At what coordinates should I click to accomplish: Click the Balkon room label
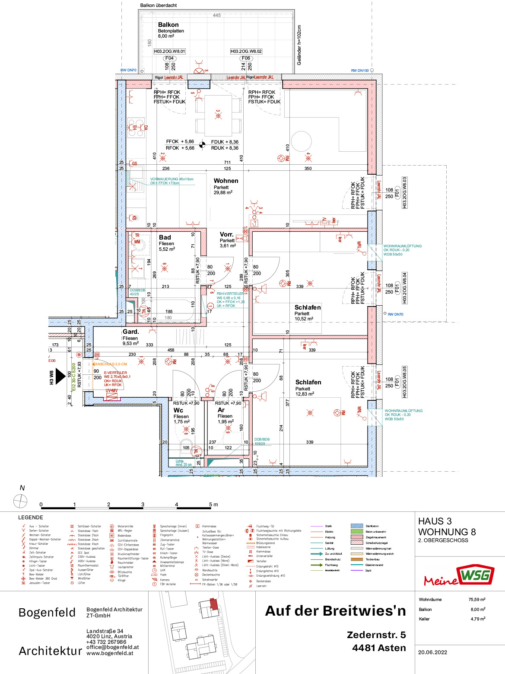tap(168, 25)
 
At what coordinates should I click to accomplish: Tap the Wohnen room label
tap(226, 181)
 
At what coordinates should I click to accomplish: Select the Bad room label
tap(165, 237)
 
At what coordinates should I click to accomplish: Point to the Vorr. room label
tap(226, 234)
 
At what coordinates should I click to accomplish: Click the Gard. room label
tap(130, 332)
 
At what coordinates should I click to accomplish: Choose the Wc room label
tap(178, 410)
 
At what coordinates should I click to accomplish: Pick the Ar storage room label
tap(221, 410)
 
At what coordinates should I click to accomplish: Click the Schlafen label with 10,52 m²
tap(308, 307)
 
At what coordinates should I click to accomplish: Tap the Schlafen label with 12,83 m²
tap(308, 382)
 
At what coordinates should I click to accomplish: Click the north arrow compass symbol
tap(20, 501)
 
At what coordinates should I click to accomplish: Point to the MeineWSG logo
tap(459, 576)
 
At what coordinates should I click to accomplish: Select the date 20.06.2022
tap(432, 652)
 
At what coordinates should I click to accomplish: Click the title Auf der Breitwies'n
tap(335, 611)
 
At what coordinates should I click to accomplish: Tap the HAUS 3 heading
tap(435, 521)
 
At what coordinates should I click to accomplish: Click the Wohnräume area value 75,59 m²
tap(476, 600)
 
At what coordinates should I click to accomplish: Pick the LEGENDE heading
tap(31, 517)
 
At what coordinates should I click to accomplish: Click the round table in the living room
tap(301, 141)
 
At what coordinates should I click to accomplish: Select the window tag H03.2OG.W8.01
tap(169, 51)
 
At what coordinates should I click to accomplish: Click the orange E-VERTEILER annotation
tap(115, 373)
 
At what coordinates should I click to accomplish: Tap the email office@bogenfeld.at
tap(112, 647)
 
